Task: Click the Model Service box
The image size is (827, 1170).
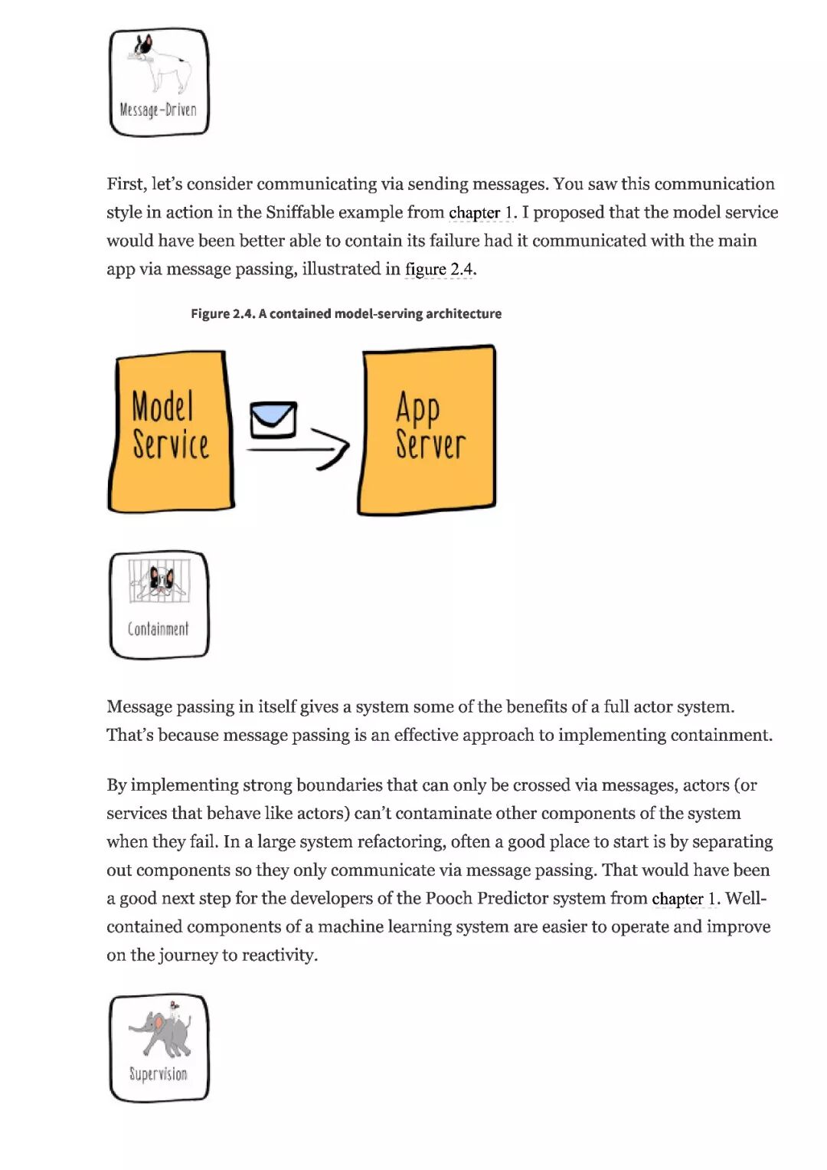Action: point(172,431)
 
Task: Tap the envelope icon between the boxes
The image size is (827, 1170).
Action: point(273,419)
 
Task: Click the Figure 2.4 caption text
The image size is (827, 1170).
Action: point(346,313)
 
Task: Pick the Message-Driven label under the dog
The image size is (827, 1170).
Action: point(159,110)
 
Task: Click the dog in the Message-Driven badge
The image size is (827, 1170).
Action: point(161,64)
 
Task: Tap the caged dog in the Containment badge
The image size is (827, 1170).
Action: point(159,582)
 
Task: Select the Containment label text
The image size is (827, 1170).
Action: point(159,629)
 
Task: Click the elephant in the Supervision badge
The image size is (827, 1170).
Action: point(161,1031)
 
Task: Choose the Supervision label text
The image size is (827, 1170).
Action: point(159,1074)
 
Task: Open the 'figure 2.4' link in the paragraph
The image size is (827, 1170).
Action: point(440,269)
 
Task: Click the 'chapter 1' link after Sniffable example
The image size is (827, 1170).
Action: point(482,212)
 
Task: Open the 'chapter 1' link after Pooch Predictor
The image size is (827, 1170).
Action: point(685,898)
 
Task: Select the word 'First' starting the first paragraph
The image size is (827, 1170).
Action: point(125,184)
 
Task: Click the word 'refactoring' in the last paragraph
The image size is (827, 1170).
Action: point(405,841)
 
